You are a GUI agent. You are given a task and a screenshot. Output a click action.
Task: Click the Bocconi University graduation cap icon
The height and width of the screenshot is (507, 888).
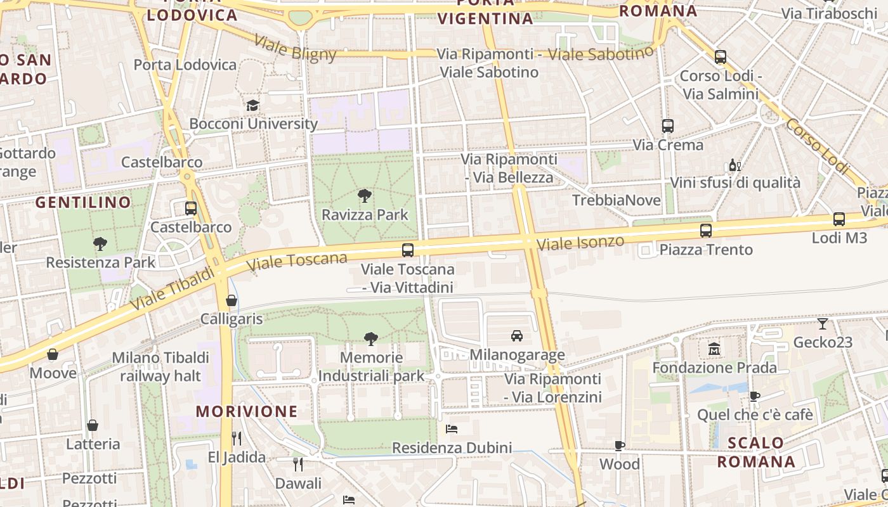(252, 105)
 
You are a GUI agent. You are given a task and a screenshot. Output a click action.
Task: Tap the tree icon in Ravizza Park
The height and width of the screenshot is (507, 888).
(365, 196)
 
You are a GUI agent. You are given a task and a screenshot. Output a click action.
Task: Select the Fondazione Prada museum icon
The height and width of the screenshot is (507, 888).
(714, 349)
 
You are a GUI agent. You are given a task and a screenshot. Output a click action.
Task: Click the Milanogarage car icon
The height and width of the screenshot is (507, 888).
(517, 336)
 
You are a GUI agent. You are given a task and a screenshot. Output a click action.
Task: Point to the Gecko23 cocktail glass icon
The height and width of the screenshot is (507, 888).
(823, 324)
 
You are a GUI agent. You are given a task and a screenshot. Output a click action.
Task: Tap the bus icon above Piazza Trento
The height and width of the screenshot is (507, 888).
(705, 231)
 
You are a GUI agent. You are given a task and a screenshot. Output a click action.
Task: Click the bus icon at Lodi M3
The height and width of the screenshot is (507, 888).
(839, 219)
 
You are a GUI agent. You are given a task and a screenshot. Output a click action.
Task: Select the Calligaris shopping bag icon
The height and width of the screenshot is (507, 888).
(232, 300)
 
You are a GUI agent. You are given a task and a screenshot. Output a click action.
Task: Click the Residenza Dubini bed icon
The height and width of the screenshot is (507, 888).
(452, 429)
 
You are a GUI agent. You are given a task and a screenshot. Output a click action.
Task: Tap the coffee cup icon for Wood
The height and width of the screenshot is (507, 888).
(620, 446)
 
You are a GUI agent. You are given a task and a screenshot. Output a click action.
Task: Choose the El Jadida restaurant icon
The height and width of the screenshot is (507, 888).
(237, 438)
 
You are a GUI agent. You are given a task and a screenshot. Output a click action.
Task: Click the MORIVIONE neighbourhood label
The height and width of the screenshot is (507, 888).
(246, 411)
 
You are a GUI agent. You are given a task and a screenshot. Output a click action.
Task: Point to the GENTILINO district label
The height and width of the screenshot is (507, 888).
(83, 203)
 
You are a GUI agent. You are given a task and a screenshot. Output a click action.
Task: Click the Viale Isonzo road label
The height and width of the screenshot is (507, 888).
(580, 243)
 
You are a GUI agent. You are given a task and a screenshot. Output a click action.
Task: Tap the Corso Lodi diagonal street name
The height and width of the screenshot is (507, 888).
(817, 146)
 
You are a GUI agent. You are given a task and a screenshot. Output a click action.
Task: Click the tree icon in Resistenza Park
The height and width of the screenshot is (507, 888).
(100, 243)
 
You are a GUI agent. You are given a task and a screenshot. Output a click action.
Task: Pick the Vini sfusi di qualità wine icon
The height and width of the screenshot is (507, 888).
(735, 165)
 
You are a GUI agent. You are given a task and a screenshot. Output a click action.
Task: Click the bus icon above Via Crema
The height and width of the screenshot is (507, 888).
(667, 126)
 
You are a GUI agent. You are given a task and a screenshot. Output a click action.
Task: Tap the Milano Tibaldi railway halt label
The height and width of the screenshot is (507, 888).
(160, 366)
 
